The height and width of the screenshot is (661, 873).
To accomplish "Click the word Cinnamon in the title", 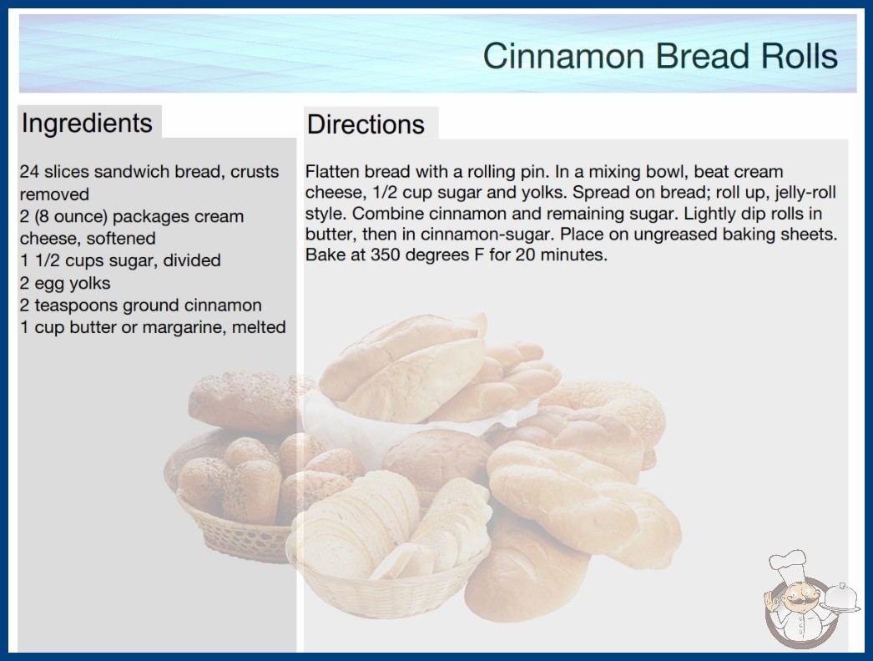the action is click(564, 56).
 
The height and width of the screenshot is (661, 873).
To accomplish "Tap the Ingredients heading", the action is click(87, 124).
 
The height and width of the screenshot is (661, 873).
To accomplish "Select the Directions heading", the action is click(366, 124).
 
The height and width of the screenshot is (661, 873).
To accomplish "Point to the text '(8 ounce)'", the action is click(72, 217).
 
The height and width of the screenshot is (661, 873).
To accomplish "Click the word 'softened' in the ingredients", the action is click(121, 239).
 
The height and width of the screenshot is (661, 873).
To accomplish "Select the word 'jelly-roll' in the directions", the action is click(805, 193).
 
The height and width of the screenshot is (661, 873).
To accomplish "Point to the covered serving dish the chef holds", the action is click(840, 598).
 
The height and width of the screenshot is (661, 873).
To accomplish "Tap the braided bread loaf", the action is click(583, 503).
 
